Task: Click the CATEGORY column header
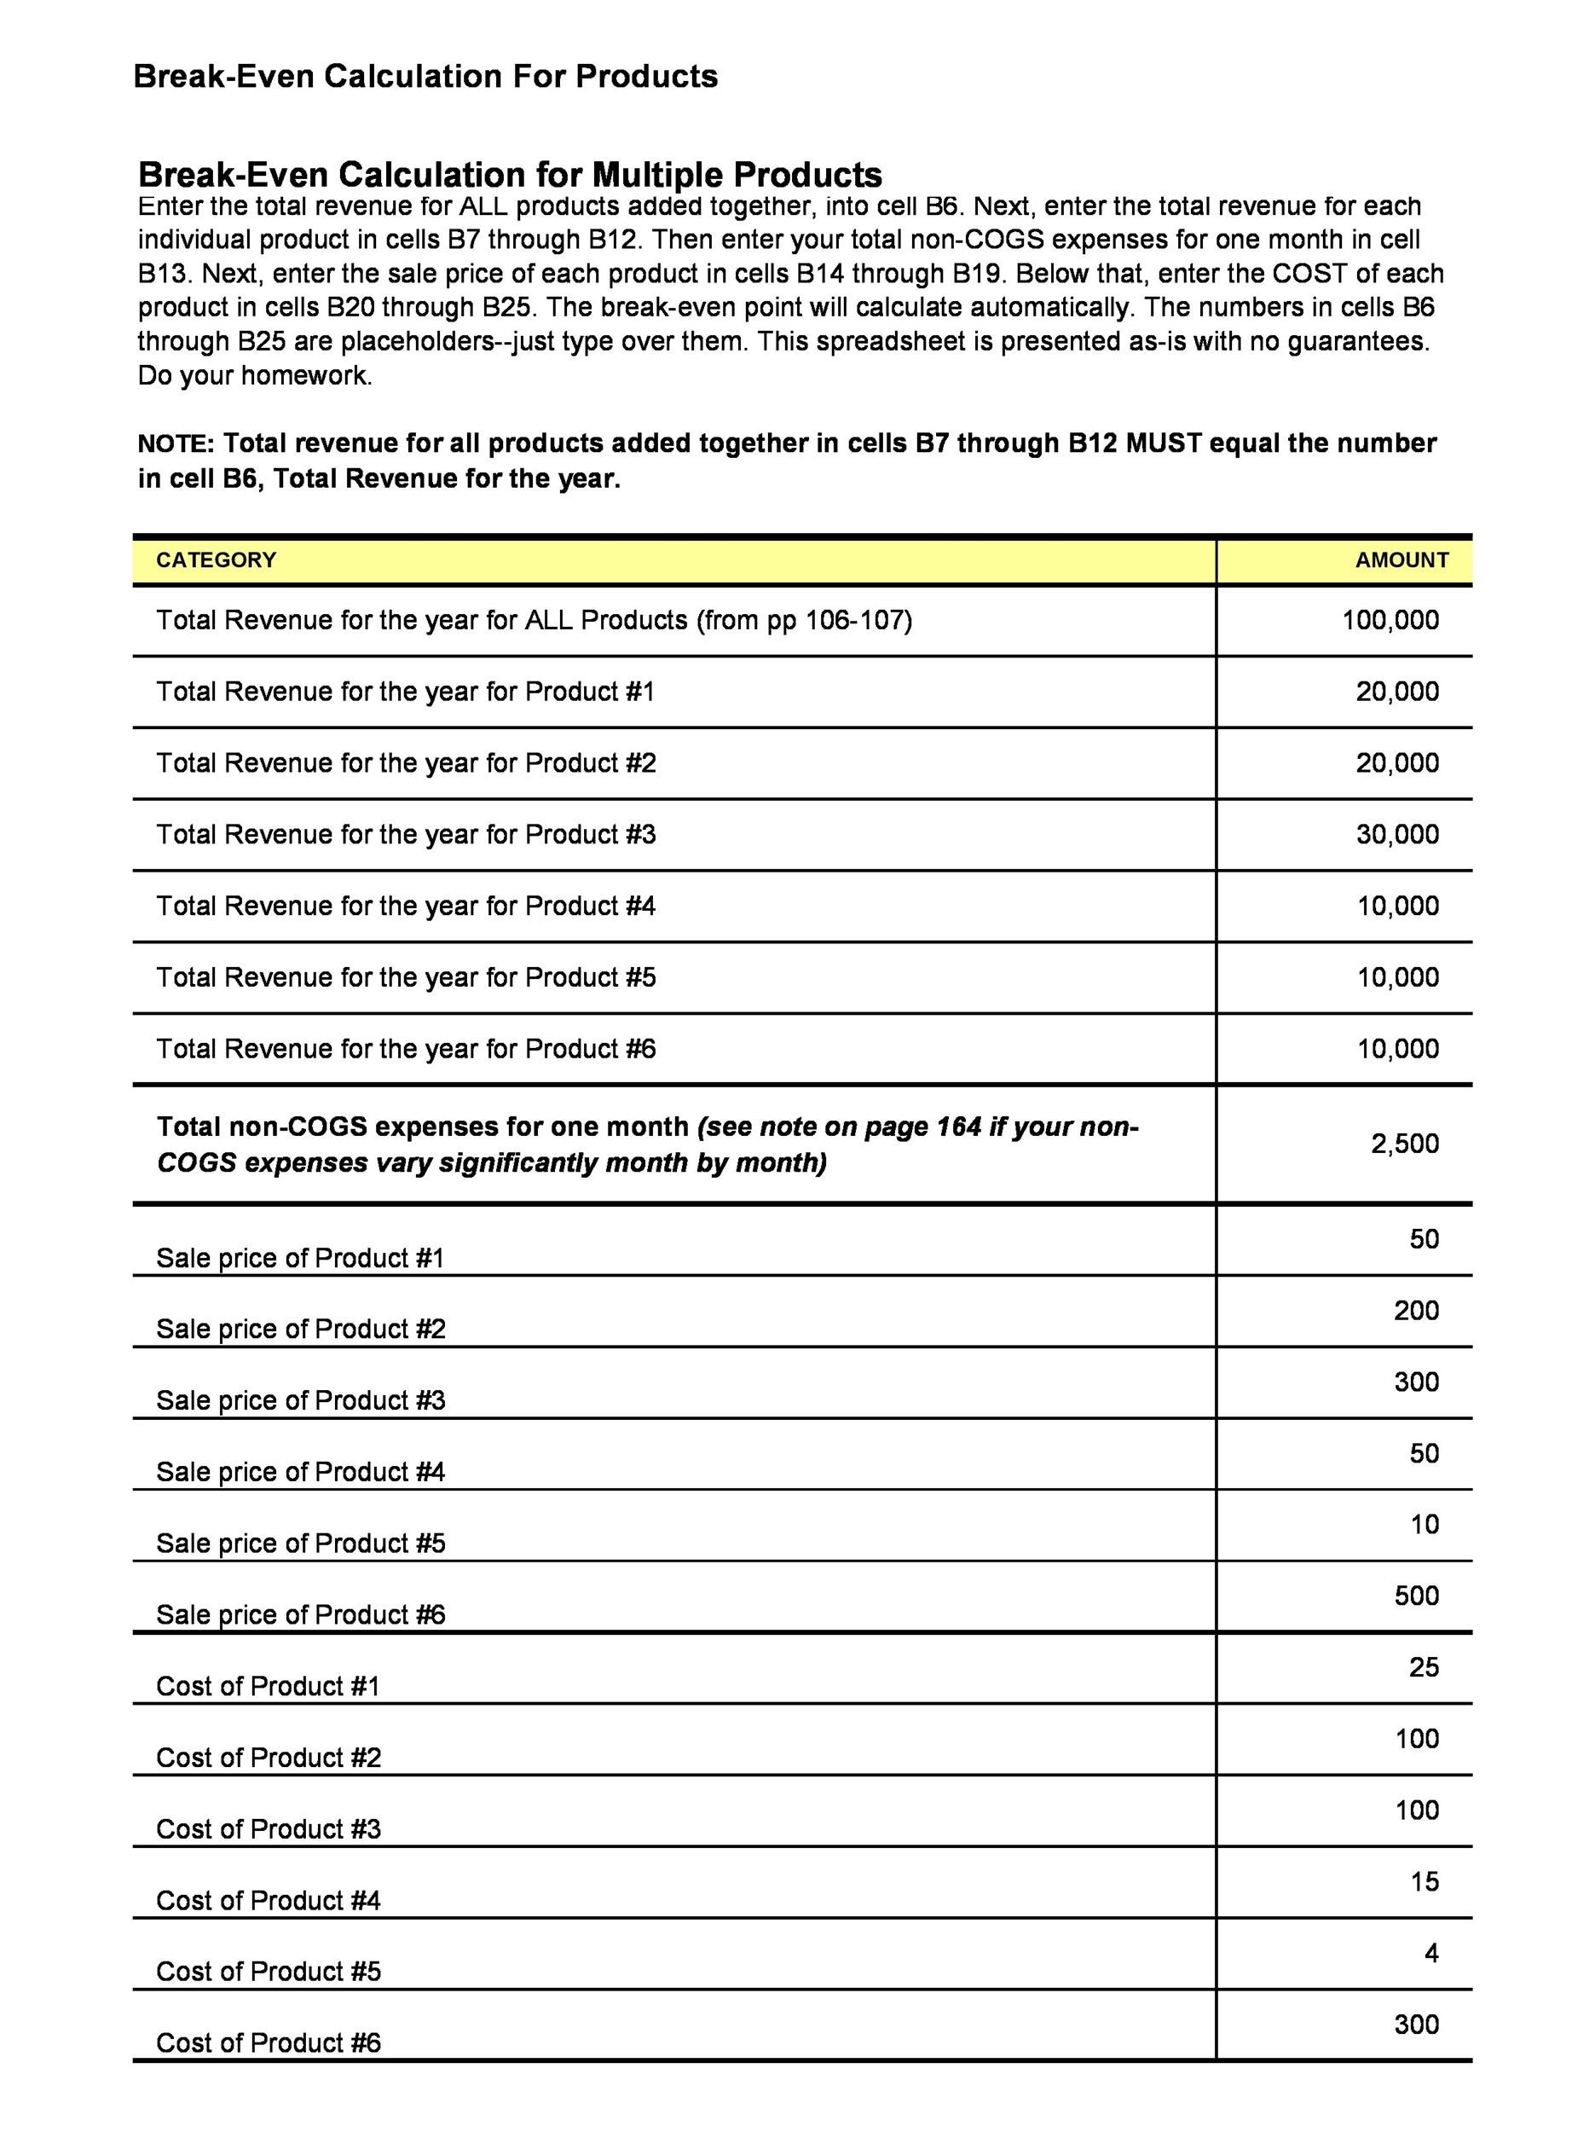point(216,559)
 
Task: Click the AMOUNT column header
point(1401,559)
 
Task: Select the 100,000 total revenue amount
point(1390,620)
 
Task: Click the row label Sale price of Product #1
point(300,1258)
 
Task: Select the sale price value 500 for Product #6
point(1416,1596)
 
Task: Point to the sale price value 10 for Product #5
point(1424,1524)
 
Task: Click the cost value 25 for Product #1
point(1423,1666)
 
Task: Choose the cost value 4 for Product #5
point(1430,1953)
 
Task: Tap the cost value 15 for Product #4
point(1423,1880)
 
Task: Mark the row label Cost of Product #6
point(269,2042)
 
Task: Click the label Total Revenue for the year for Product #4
point(406,905)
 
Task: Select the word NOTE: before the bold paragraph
point(177,444)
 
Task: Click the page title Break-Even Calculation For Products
point(425,76)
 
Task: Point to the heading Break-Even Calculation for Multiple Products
point(510,174)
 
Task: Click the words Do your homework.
point(255,376)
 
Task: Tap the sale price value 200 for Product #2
point(1416,1310)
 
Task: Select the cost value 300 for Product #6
point(1416,2025)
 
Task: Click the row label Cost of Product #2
point(269,1757)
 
